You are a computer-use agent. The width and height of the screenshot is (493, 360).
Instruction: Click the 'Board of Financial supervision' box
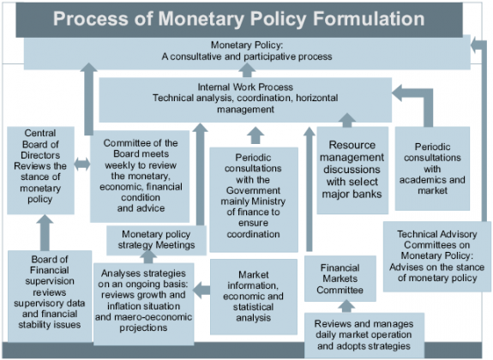click(46, 296)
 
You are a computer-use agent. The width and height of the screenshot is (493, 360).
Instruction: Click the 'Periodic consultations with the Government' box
click(255, 189)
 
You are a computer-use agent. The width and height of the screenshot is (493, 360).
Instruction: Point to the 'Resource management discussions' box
click(350, 170)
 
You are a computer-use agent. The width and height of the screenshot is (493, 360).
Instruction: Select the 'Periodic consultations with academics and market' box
click(432, 168)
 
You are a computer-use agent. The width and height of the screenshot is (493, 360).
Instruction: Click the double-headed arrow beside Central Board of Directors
click(81, 164)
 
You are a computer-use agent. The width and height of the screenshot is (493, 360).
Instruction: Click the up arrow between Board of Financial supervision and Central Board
click(44, 231)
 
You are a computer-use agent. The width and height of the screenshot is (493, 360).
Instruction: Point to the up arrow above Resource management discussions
click(347, 120)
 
